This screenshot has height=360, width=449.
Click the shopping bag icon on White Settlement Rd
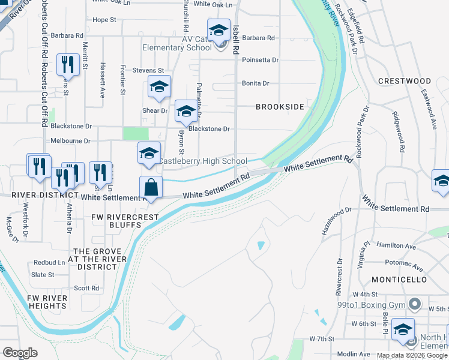coord(151,187)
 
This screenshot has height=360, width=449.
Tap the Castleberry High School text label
coord(202,161)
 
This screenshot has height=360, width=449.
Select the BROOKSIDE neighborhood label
coord(280,106)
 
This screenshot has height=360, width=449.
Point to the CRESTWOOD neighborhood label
coord(405,81)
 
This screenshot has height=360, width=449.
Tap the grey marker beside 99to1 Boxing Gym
coord(413,305)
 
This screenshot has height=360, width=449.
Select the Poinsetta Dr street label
coord(260,60)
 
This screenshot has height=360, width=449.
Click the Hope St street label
coord(104,20)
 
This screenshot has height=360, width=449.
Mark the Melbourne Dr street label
coord(70,141)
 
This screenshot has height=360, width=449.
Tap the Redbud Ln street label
coord(49,263)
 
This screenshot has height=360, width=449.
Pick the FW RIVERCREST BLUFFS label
coord(125,221)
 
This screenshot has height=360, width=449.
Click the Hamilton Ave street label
coord(396,246)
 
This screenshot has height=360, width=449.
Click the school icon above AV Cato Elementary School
coord(218,30)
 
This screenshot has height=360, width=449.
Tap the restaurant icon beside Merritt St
coord(68,64)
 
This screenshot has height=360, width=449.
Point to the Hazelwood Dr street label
coord(337,221)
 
